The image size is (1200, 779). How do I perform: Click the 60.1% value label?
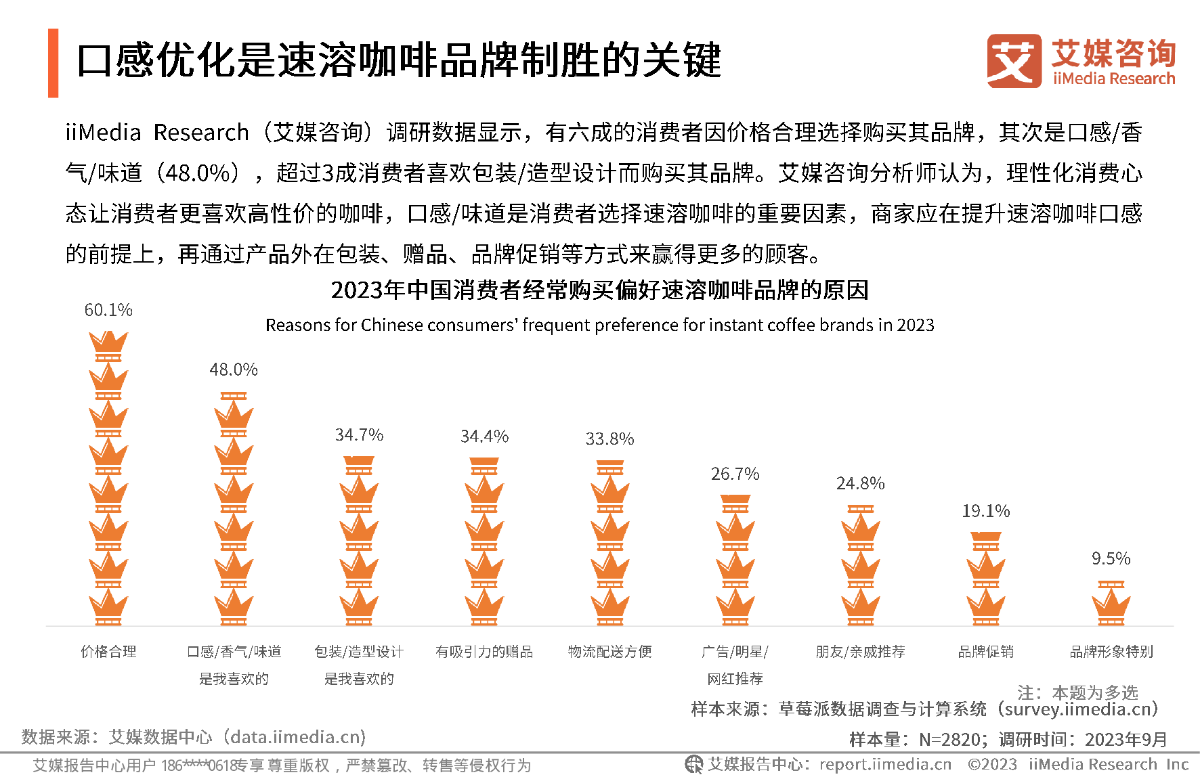108,310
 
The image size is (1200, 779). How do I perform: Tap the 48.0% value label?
234,370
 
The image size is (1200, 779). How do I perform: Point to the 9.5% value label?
1111,558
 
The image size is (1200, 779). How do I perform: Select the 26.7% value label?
735,474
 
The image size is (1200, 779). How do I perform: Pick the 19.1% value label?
985,511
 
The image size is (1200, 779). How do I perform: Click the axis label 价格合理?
108,652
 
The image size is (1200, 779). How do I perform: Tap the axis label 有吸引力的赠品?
484,652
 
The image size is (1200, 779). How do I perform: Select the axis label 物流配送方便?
609,652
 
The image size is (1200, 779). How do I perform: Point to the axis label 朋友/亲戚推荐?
860,652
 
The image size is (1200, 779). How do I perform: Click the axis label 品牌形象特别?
1111,652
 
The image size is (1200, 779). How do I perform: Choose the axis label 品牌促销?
985,652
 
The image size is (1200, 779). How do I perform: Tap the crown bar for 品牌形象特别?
1111,602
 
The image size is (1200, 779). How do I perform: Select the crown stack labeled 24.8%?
860,565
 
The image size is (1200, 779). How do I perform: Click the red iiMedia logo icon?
1014,61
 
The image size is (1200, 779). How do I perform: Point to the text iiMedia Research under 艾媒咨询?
1114,79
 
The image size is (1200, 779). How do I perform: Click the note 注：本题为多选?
1077,692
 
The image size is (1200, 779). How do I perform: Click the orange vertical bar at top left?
53,63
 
